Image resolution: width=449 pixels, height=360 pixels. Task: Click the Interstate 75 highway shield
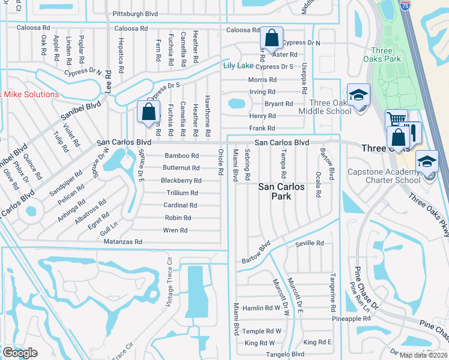point(406,5)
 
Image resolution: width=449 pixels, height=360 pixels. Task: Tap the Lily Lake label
point(238,65)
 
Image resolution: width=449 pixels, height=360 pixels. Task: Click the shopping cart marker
point(396,119)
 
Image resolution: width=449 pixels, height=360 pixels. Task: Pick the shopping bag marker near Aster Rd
point(271,38)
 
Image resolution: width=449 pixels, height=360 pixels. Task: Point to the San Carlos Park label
point(282,192)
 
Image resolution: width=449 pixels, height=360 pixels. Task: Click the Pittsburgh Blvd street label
point(135,13)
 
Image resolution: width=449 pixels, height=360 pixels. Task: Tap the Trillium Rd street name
point(182,193)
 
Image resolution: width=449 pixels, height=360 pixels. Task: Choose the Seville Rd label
point(310,243)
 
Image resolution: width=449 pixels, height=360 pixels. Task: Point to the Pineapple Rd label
point(352,319)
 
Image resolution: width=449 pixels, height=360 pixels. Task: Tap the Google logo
point(20,353)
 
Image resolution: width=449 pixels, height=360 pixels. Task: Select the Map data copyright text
point(423,355)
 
